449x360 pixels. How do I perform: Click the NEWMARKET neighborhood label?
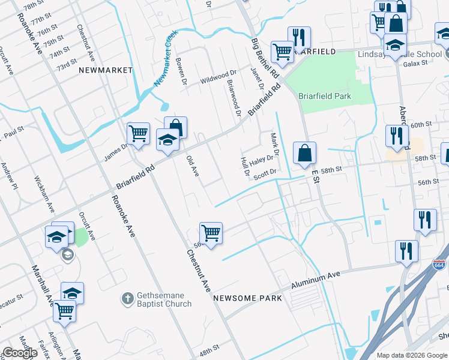tap(105, 70)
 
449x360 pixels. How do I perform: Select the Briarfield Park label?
tap(325, 96)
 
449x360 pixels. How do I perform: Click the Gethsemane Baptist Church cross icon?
tap(127, 298)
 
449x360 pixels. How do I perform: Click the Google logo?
tap(20, 353)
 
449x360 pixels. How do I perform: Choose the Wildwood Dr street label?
tap(218, 77)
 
